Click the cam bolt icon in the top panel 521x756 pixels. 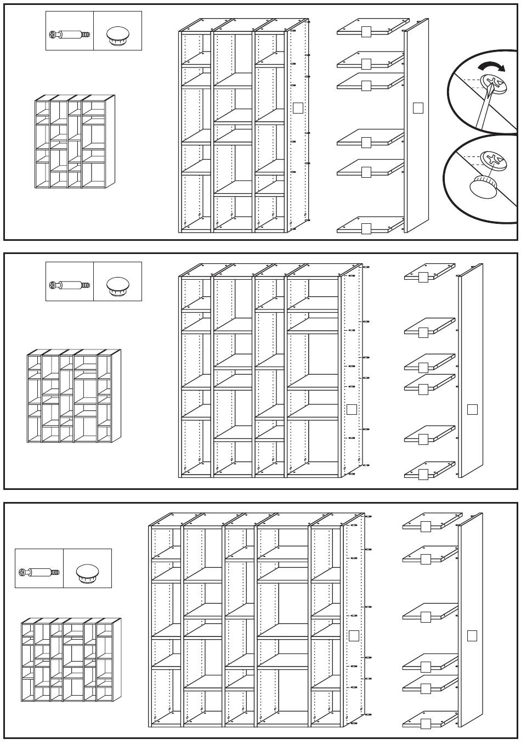[69, 35]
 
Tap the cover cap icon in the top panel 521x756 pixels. [117, 35]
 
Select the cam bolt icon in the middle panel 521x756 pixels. [69, 285]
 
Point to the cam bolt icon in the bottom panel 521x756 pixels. [38, 572]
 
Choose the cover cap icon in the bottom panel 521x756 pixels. [87, 572]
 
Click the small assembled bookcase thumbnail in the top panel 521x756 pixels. [75, 142]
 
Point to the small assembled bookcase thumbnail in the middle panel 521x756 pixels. [74, 396]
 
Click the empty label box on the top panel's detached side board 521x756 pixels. [418, 108]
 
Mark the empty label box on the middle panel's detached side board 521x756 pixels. [472, 409]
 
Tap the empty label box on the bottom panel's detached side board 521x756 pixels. [472, 636]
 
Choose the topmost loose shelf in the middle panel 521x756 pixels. [429, 272]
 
